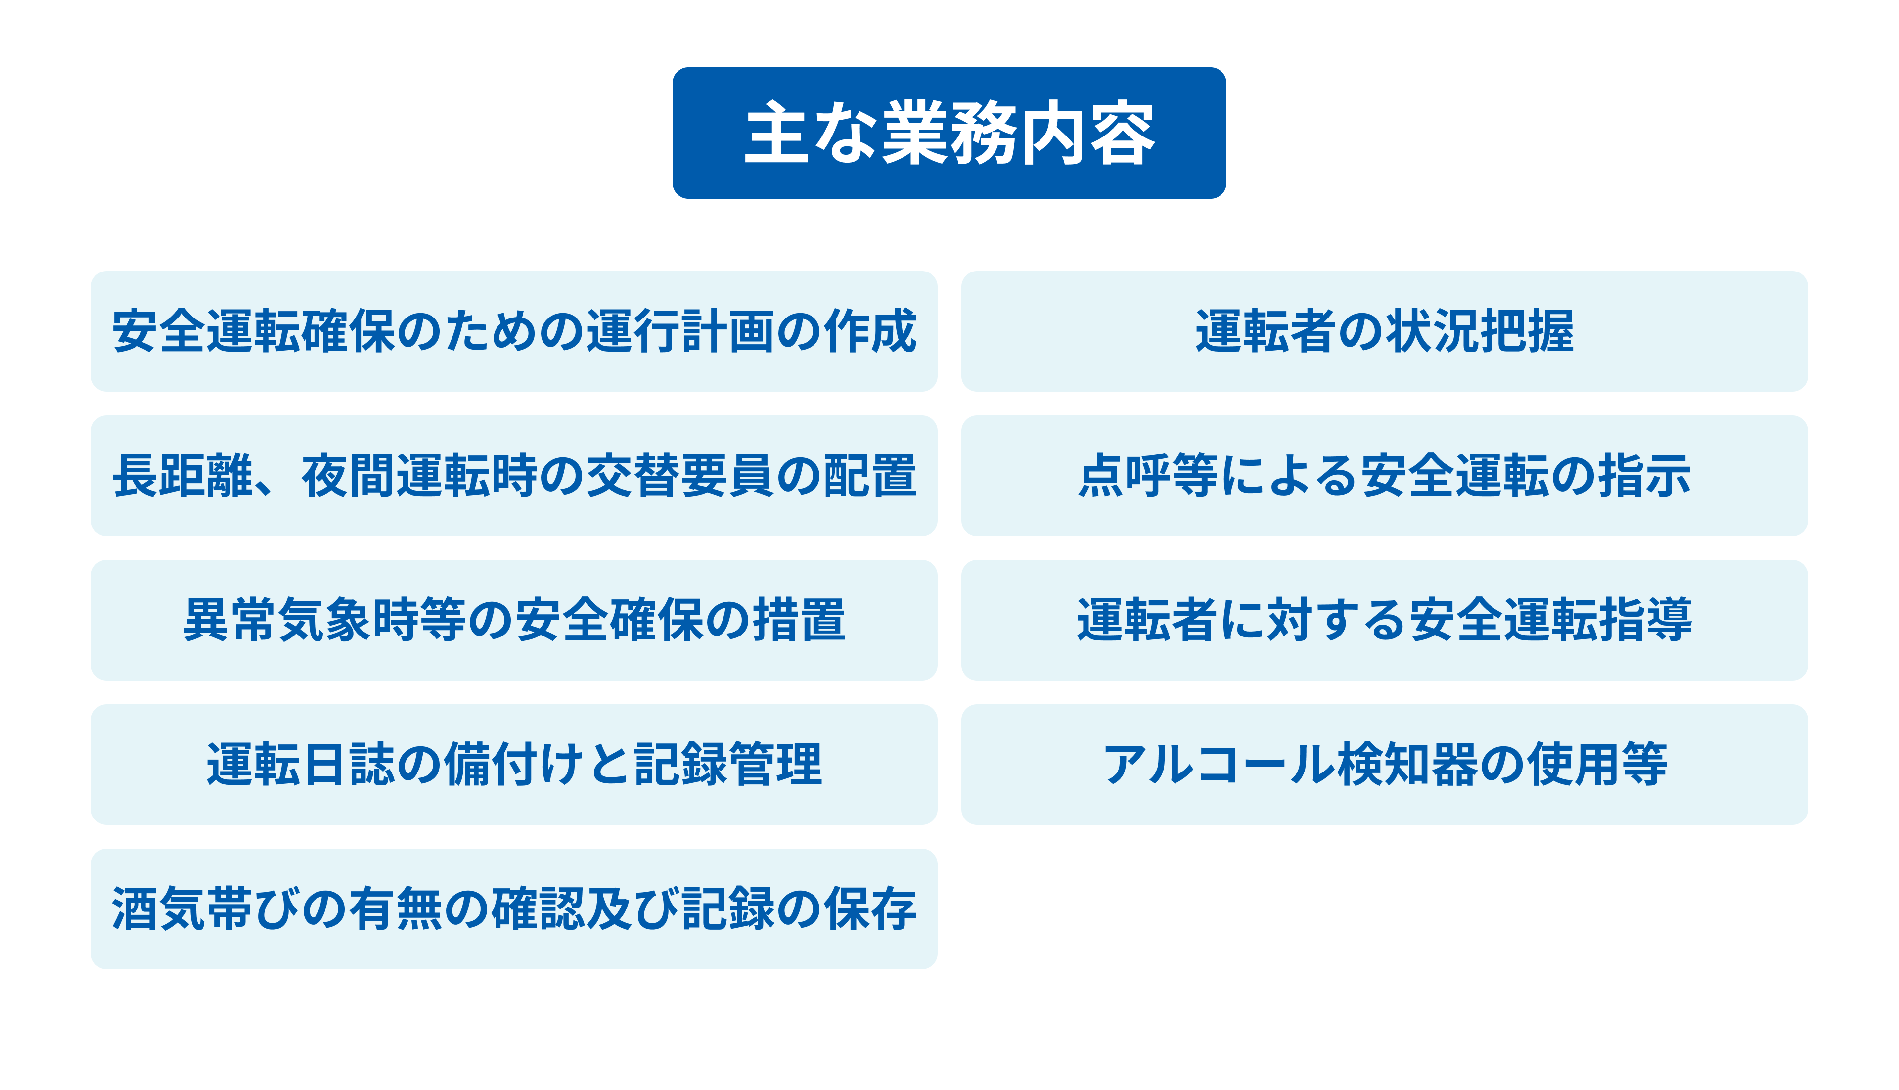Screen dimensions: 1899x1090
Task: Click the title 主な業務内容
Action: coord(949,133)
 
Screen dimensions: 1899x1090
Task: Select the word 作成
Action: coord(870,331)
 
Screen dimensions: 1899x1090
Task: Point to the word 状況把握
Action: coord(1479,331)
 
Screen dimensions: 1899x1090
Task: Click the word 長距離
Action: coord(183,475)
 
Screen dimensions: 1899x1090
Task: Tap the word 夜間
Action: coord(349,475)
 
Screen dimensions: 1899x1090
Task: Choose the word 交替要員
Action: coord(679,475)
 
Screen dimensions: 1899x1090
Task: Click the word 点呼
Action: coord(1125,475)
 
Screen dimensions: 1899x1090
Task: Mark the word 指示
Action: coord(1644,475)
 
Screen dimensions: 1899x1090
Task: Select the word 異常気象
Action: coord(278,620)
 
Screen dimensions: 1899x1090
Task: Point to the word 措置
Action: coord(799,620)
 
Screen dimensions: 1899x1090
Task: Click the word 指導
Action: coord(1644,620)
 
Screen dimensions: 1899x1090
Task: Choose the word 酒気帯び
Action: coord(207,909)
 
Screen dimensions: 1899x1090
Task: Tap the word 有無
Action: coord(396,909)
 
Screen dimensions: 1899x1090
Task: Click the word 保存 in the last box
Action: coord(870,909)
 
